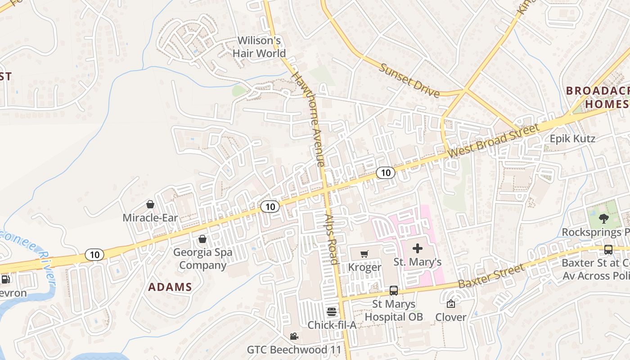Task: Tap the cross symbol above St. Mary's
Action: pos(418,248)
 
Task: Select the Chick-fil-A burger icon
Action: pos(332,312)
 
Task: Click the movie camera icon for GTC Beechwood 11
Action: pos(294,336)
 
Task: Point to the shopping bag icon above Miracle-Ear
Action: pos(150,205)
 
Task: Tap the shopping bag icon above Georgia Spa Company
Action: pos(202,238)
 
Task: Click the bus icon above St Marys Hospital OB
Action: pos(394,291)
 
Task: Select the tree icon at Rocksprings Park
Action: pos(603,219)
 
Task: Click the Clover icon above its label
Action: pos(450,304)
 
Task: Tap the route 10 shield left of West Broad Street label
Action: pos(386,172)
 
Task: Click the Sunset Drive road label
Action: pos(409,81)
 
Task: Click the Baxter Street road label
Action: pos(491,276)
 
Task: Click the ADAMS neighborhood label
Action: pos(170,287)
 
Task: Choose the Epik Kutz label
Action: pos(572,139)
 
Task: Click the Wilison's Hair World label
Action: pos(259,47)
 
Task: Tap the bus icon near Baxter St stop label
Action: pos(608,249)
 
